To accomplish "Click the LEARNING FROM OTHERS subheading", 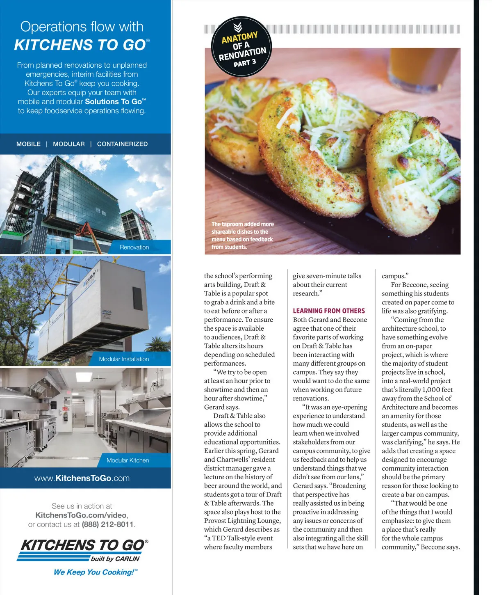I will tap(328, 311).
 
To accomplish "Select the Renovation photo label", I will tap(134, 247).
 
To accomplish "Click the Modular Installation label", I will tap(124, 359).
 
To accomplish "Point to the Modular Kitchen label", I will tap(128, 460).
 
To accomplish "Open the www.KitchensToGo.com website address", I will tap(82, 478).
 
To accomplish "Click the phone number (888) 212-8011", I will tap(108, 524).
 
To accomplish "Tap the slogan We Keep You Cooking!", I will tap(96, 572).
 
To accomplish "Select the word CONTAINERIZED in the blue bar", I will tap(122, 144).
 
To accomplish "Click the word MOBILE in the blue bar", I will tap(28, 144).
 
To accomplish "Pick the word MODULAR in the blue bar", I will tap(69, 144).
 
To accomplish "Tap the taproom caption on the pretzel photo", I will tap(242, 236).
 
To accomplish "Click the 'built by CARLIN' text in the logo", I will tap(115, 559).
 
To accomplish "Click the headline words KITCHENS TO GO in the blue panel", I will tap(80, 45).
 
